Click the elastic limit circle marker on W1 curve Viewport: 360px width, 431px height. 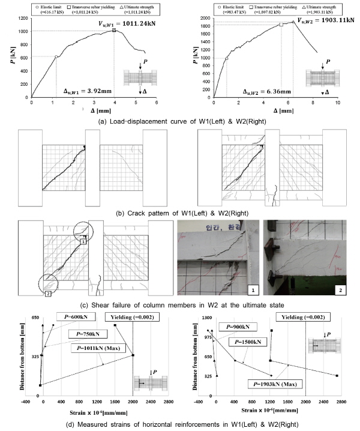(56, 57)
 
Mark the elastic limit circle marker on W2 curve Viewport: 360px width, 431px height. (227, 58)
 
